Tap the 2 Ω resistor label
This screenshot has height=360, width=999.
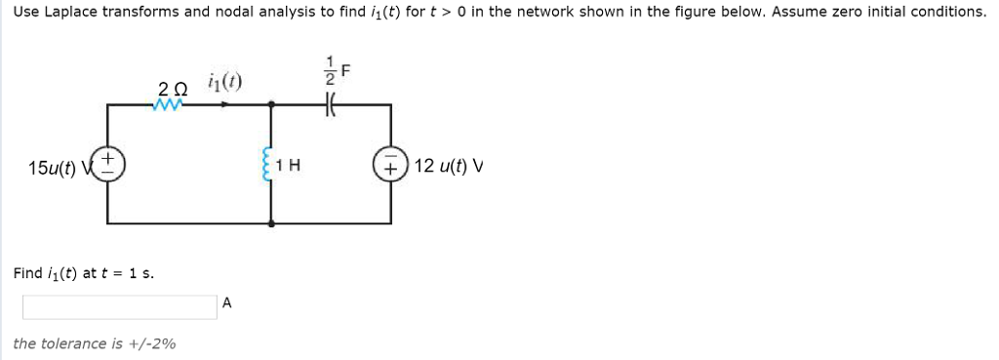[x=169, y=89]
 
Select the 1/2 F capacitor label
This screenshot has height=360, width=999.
[x=336, y=75]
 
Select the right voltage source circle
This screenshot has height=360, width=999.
[x=391, y=164]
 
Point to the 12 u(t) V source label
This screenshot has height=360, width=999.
[x=449, y=165]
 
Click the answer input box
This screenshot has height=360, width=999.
[x=119, y=306]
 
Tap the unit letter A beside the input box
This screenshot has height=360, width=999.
[x=226, y=302]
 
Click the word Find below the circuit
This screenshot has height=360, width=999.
[x=27, y=272]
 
